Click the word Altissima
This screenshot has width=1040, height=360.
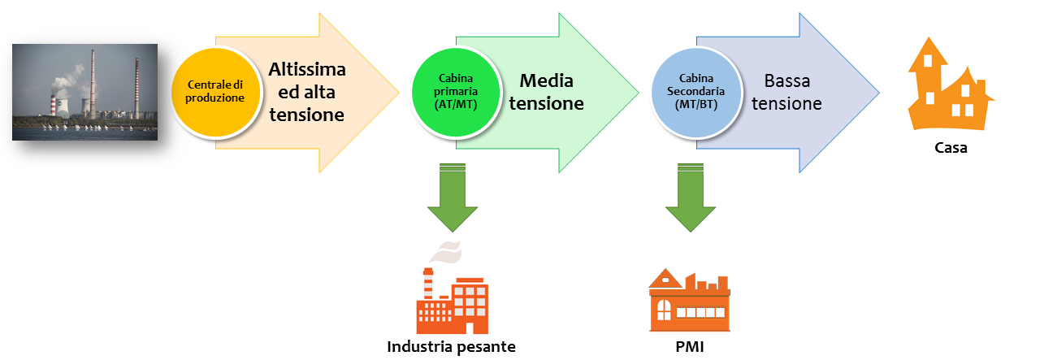click(x=307, y=69)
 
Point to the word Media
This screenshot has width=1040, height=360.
click(x=546, y=80)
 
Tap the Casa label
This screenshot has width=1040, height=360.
click(x=950, y=149)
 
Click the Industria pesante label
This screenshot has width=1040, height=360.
click(x=452, y=347)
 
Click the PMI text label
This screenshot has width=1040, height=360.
click(x=690, y=347)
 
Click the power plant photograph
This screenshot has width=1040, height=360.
click(x=85, y=92)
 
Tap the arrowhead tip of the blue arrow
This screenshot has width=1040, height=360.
click(x=879, y=92)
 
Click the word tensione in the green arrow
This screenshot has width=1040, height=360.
click(x=552, y=104)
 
